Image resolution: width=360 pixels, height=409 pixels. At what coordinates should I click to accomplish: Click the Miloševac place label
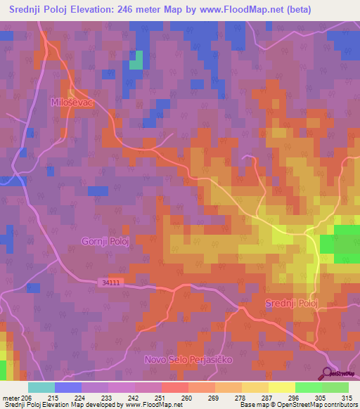click(x=72, y=102)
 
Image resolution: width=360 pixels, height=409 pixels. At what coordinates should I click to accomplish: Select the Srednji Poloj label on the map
click(x=292, y=303)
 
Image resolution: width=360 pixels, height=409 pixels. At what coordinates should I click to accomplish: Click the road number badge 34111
click(x=111, y=281)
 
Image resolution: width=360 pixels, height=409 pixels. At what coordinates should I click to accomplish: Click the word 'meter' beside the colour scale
click(x=11, y=398)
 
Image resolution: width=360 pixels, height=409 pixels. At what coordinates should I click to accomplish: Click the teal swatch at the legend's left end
click(x=41, y=387)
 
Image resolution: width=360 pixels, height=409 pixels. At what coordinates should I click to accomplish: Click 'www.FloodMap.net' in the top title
click(x=218, y=10)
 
